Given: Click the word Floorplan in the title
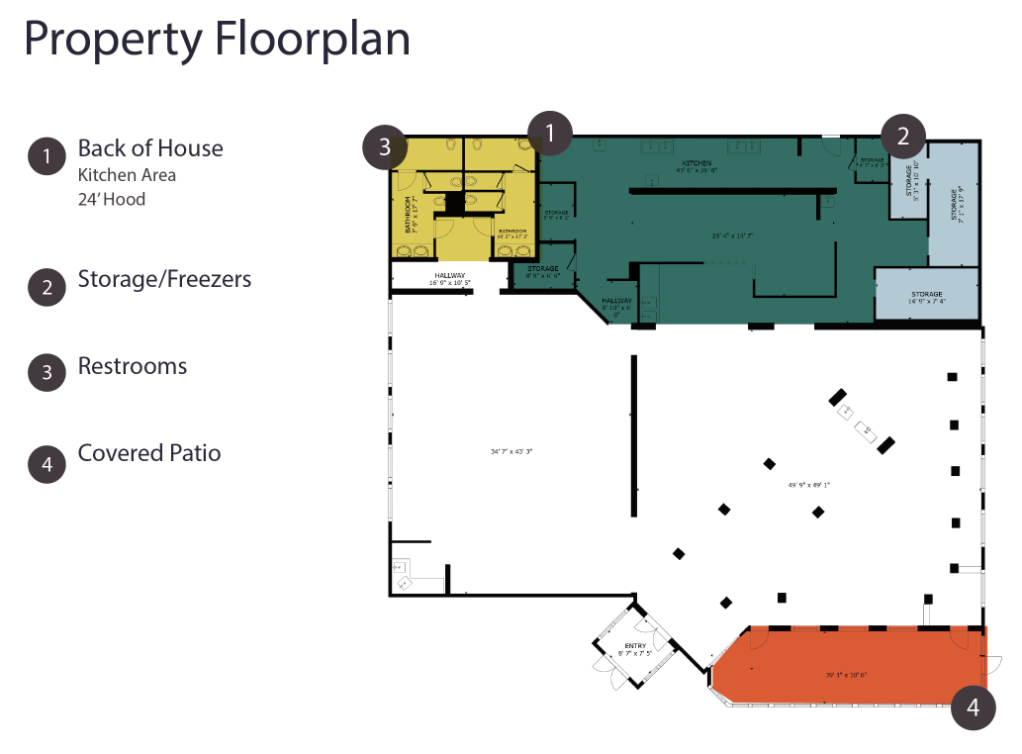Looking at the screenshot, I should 312,40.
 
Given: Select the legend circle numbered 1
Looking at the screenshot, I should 46,155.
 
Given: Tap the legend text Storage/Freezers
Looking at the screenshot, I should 164,279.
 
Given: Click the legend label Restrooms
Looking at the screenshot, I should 133,366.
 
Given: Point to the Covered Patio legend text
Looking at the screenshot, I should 149,453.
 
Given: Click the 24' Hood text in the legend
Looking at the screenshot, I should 112,199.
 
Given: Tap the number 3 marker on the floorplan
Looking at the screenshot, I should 384,147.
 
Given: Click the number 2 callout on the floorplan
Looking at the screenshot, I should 903,136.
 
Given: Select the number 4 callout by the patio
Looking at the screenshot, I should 974,707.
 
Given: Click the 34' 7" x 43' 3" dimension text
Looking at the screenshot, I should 511,451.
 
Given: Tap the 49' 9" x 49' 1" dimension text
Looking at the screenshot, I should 809,485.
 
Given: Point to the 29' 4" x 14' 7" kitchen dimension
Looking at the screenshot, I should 732,236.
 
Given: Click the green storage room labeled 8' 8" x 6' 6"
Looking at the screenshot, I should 542,272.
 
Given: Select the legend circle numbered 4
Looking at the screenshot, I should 46,464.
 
